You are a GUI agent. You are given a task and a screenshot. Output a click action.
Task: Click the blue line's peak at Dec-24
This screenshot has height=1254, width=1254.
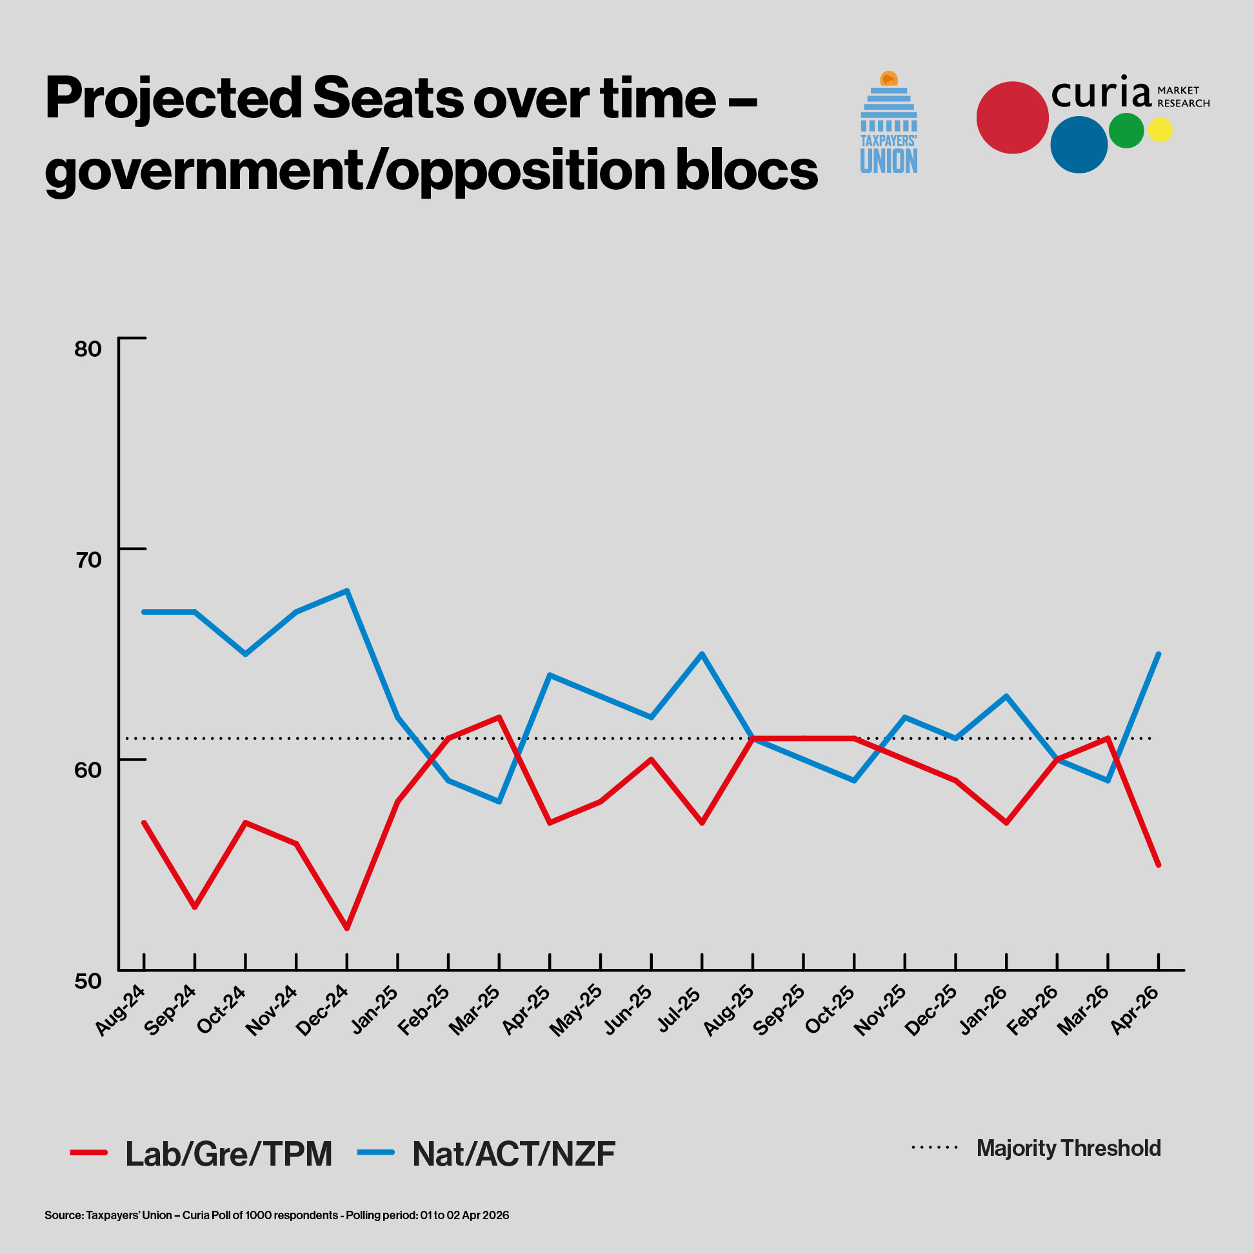click(347, 591)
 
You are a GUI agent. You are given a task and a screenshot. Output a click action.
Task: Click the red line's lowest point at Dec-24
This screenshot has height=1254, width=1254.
click(347, 928)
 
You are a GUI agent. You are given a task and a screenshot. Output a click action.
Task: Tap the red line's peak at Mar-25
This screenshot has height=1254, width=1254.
click(499, 717)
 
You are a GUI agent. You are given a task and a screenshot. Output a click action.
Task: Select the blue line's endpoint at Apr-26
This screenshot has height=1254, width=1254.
click(1159, 654)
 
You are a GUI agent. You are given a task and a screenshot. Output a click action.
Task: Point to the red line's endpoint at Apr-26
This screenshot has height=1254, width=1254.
click(1159, 865)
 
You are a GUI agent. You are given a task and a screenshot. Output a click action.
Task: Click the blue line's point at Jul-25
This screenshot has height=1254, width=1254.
click(702, 653)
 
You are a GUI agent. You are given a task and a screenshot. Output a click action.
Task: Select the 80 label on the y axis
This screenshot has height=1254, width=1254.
click(88, 349)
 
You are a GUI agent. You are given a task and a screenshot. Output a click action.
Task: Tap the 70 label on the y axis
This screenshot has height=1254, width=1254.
click(88, 559)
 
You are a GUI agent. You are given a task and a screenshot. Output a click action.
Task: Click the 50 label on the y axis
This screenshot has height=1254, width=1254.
click(88, 980)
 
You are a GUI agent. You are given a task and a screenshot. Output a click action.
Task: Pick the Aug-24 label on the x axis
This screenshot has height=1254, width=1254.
click(121, 1010)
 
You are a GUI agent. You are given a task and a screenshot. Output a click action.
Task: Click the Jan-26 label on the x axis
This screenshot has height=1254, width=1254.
click(983, 1010)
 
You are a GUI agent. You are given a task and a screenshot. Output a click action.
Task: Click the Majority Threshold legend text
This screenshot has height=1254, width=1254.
click(1068, 1148)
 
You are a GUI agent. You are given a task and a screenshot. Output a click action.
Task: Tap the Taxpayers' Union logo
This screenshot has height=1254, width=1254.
click(889, 123)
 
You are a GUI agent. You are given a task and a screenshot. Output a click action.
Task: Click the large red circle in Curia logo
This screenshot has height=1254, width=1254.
click(1012, 117)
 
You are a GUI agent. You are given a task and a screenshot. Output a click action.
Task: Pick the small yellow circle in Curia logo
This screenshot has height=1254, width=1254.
click(1160, 130)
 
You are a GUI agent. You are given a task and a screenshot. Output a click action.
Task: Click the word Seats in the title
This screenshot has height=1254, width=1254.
click(388, 99)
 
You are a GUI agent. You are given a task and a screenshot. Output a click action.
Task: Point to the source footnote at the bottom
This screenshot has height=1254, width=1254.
click(277, 1215)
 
